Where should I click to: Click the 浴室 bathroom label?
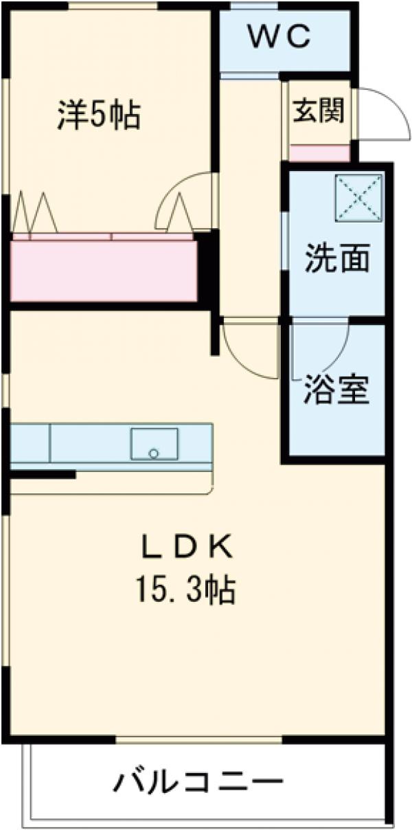pos(337,391)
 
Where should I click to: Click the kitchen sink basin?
pos(154,443)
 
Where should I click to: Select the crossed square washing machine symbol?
pos(358,198)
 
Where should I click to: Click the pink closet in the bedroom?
pos(103,270)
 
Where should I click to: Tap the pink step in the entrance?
pos(319,153)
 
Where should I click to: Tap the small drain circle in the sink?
pos(154,453)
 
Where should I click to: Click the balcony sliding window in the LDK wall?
pos(198,739)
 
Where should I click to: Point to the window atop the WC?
pos(244,6)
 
